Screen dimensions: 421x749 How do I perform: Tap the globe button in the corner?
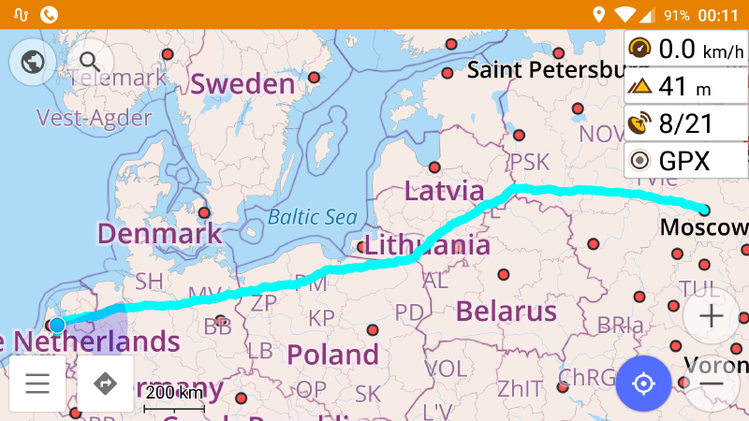33,63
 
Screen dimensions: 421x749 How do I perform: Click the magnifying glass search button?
90,63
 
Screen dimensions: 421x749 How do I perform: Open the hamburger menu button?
37,384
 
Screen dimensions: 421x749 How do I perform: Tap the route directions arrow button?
105,384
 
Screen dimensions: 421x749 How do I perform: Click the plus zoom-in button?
712,316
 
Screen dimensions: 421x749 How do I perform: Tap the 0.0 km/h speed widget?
685,48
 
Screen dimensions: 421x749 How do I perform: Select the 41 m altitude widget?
685,86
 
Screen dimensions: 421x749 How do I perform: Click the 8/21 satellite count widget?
685,123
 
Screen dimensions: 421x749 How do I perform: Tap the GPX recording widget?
685,161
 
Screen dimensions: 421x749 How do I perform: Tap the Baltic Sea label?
313,217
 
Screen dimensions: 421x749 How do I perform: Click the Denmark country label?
159,233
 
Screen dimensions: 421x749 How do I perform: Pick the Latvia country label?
444,191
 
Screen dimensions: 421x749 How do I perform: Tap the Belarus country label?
506,311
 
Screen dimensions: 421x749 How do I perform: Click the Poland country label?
332,355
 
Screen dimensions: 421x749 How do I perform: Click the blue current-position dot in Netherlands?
57,325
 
